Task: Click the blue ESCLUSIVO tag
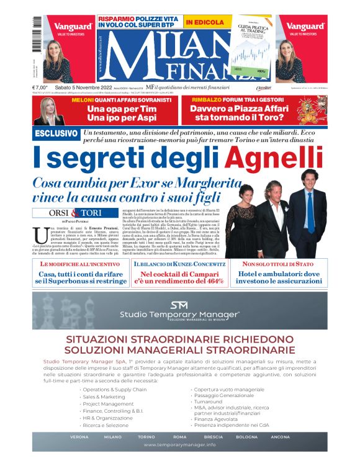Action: (56, 133)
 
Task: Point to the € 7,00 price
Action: (40, 88)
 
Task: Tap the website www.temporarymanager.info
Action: (179, 445)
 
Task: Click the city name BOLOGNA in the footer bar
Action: (246, 437)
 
